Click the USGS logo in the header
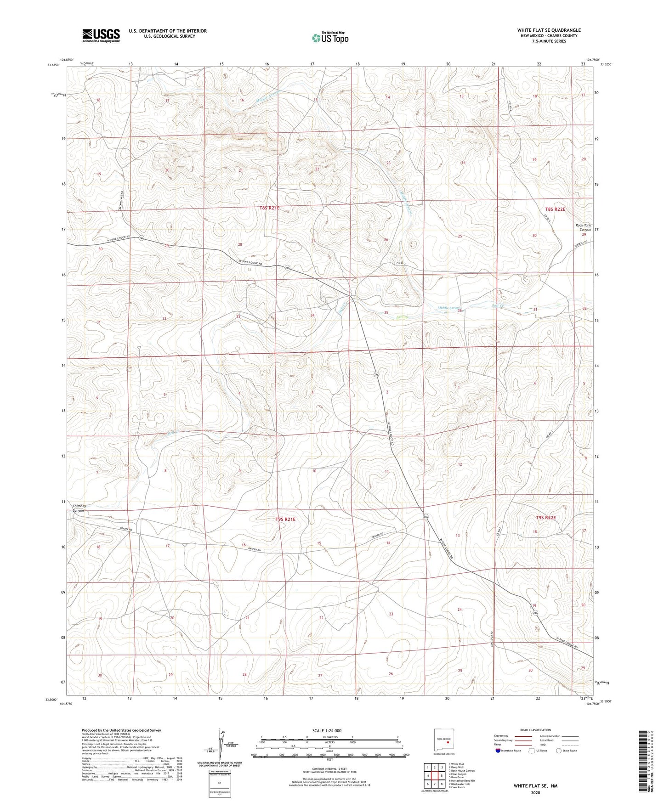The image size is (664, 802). pyautogui.click(x=101, y=35)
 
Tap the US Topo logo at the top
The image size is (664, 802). pyautogui.click(x=330, y=38)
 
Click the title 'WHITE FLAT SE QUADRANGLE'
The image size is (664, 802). pyautogui.click(x=549, y=30)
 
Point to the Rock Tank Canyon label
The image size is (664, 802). pyautogui.click(x=584, y=227)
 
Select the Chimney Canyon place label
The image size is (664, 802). pyautogui.click(x=79, y=508)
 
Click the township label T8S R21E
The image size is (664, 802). pyautogui.click(x=269, y=208)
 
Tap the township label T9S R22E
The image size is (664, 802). pyautogui.click(x=545, y=518)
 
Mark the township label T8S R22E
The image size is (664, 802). pyautogui.click(x=555, y=209)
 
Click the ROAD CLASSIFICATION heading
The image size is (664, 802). pyautogui.click(x=536, y=730)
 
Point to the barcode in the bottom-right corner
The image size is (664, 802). pyautogui.click(x=644, y=761)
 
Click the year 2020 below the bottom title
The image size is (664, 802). pyautogui.click(x=535, y=792)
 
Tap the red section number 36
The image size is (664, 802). pyautogui.click(x=460, y=311)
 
